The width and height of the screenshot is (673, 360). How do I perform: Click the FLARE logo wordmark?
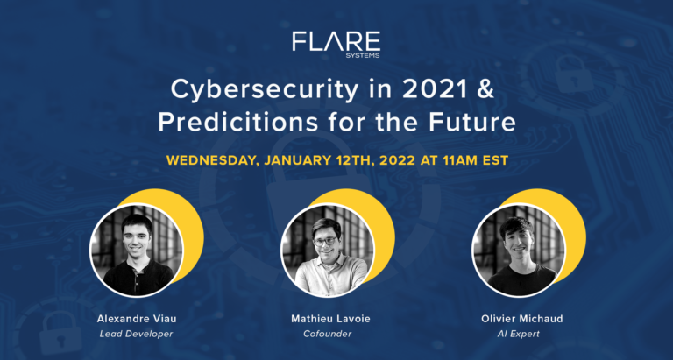click(x=336, y=40)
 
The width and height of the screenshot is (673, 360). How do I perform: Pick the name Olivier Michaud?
click(x=520, y=319)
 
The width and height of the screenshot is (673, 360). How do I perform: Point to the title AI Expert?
click(x=520, y=335)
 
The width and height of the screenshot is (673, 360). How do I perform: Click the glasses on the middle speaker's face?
click(x=325, y=241)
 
